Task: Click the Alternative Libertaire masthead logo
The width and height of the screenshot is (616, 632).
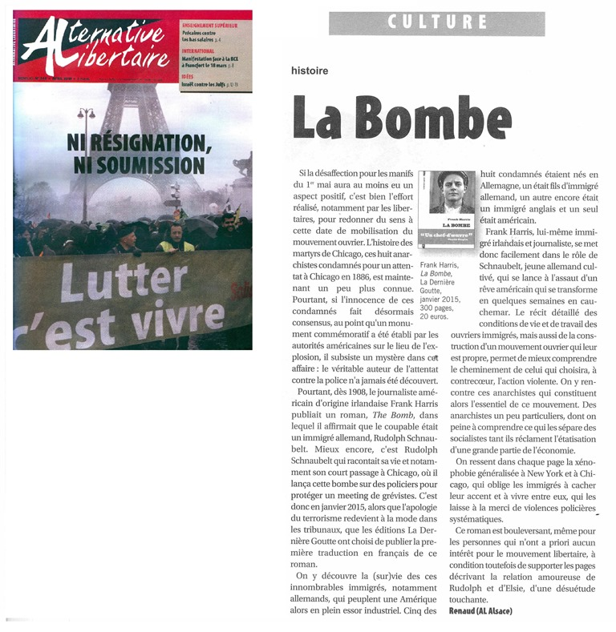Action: tap(95, 46)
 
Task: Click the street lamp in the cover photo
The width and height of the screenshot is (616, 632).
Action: tap(87, 120)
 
